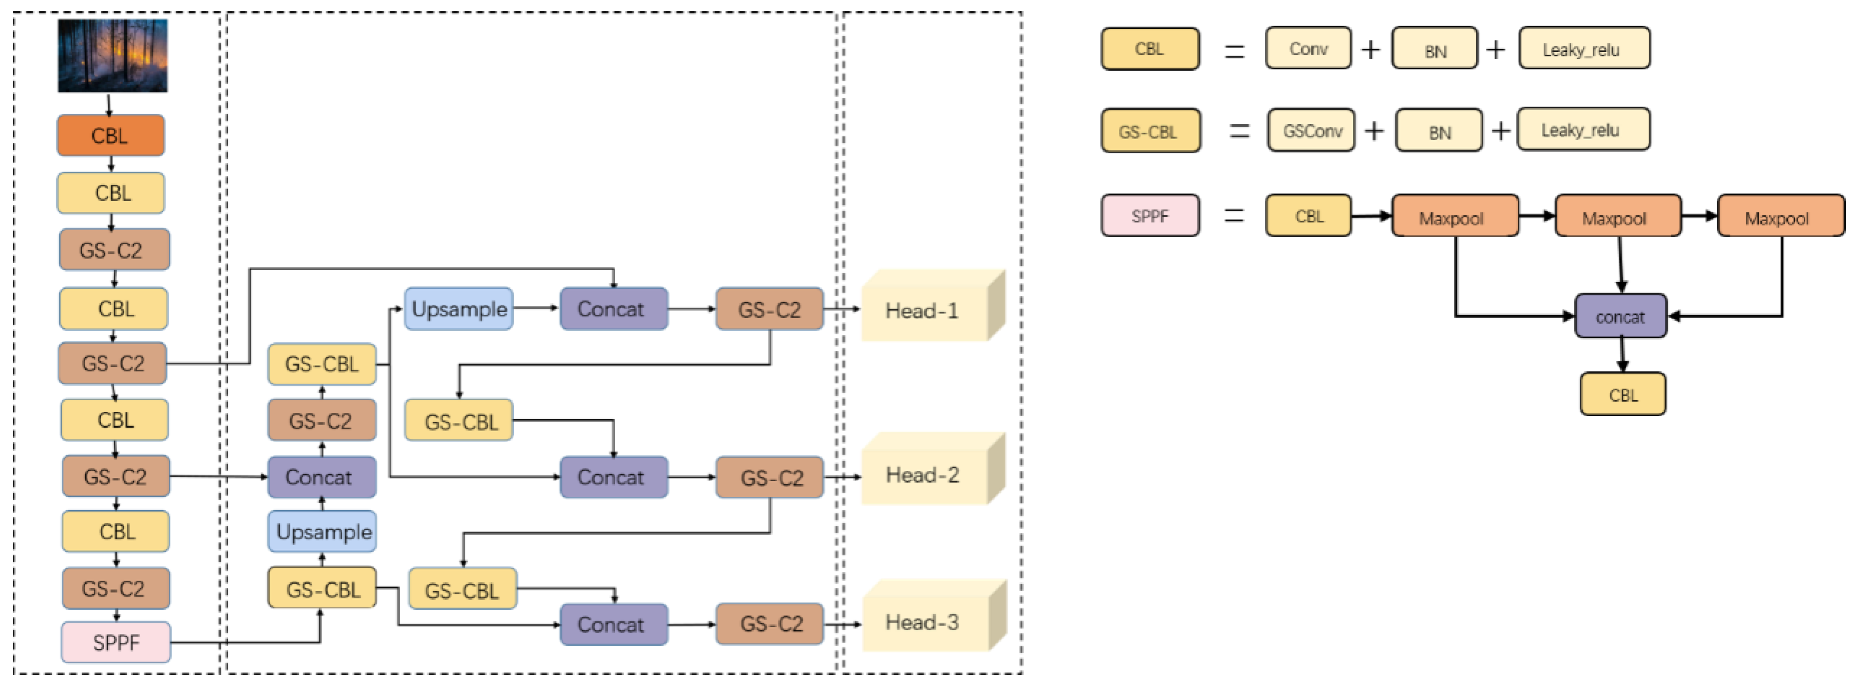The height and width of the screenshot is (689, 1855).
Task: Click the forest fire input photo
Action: [112, 55]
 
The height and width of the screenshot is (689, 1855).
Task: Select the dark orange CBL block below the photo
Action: [111, 135]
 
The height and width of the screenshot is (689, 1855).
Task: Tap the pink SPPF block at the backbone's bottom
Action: [116, 642]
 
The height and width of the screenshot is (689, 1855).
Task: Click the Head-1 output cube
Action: [926, 310]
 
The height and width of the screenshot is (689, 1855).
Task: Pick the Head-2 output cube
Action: [926, 474]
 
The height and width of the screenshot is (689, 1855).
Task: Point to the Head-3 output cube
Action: [926, 621]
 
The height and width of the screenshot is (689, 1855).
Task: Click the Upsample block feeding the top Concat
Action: [459, 309]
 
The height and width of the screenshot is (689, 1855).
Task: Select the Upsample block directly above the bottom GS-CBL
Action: [323, 532]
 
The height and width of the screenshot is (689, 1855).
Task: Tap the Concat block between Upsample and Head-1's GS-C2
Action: [613, 309]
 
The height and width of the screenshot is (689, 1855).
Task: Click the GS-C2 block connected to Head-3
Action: [770, 624]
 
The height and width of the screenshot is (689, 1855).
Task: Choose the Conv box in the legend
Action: [1308, 48]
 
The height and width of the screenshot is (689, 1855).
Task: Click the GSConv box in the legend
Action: [1311, 130]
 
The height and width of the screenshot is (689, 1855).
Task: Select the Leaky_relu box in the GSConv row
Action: [1583, 130]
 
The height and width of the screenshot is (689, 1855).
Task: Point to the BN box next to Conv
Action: [1435, 49]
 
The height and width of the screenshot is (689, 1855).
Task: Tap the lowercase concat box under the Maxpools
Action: [1620, 316]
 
